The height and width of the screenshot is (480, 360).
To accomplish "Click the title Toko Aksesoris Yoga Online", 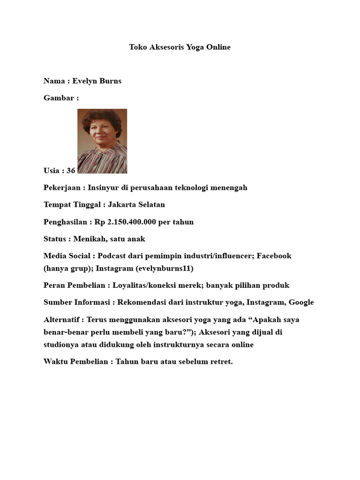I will pos(180,47).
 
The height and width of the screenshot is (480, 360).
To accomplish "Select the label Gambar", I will pos(59,98).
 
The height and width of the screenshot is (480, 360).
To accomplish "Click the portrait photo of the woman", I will pos(102,141).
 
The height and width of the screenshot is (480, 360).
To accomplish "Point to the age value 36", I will pos(71,171).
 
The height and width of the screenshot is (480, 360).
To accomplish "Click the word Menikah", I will pos(89,239).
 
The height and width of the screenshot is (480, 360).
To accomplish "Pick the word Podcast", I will pos(112,256).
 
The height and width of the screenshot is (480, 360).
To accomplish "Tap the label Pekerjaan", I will pos(63,188).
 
